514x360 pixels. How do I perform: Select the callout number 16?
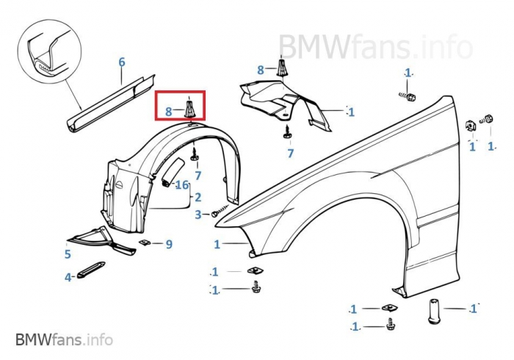click(182, 184)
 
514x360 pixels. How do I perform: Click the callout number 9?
click(168, 244)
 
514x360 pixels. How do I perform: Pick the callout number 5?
click(67, 254)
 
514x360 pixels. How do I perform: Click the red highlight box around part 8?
click(181, 105)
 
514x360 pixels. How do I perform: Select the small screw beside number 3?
click(215, 213)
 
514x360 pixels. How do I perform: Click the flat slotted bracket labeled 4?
click(90, 270)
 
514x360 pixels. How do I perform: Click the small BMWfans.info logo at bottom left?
click(64, 339)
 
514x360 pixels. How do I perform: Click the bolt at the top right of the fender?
click(409, 96)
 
